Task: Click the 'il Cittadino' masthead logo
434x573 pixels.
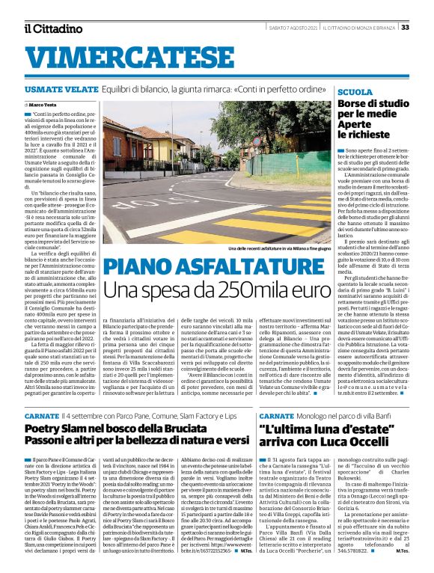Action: (x=52, y=28)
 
